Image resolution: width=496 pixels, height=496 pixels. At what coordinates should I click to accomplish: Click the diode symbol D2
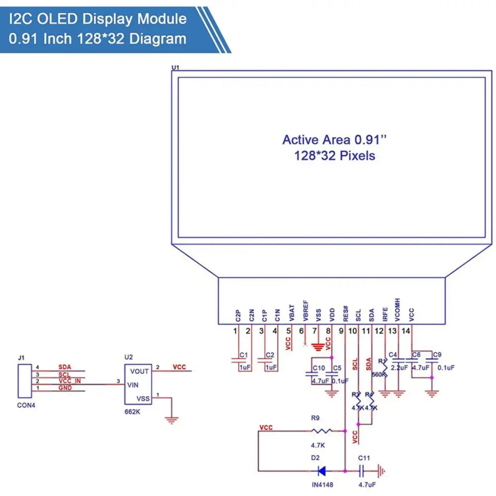[322, 470]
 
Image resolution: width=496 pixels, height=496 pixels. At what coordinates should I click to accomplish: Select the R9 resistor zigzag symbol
[322, 431]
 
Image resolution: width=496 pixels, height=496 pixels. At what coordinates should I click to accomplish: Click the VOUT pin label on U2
[139, 371]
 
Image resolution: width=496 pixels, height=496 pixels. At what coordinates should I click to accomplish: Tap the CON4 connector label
[26, 405]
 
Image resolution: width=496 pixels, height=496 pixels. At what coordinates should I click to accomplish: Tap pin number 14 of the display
[406, 331]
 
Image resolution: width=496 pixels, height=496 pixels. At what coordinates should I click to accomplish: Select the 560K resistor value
[378, 374]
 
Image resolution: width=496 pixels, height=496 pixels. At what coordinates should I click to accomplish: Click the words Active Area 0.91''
[334, 139]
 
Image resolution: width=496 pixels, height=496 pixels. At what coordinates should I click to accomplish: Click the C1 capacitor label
[244, 355]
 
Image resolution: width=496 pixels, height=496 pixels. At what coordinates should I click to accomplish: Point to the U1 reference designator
[175, 67]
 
